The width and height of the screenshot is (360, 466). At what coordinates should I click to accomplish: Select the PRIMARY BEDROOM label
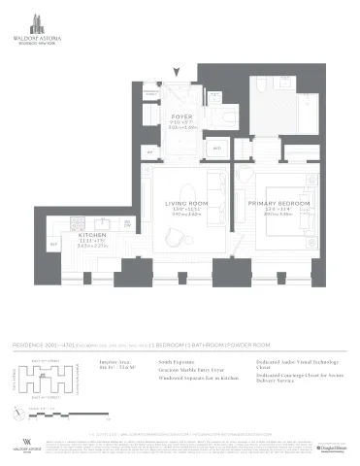tap(278, 203)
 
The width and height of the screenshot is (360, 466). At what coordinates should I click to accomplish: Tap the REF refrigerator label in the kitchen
tap(54, 242)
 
